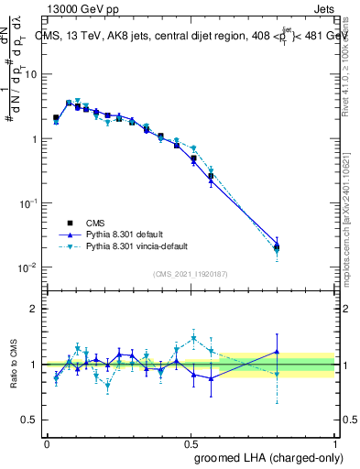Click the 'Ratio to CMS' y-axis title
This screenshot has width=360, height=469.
[x=13, y=365]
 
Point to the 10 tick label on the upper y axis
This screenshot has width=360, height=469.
[x=30, y=74]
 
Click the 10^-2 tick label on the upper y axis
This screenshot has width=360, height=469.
[x=28, y=267]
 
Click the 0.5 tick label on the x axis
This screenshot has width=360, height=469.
[x=191, y=442]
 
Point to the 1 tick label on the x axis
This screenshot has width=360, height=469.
[x=334, y=442]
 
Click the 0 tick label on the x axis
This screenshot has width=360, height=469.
[x=47, y=442]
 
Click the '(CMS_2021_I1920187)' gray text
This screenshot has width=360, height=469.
[x=190, y=274]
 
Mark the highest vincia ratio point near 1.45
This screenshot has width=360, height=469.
[x=193, y=339]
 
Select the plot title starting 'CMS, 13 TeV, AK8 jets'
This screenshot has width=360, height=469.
[x=183, y=36]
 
